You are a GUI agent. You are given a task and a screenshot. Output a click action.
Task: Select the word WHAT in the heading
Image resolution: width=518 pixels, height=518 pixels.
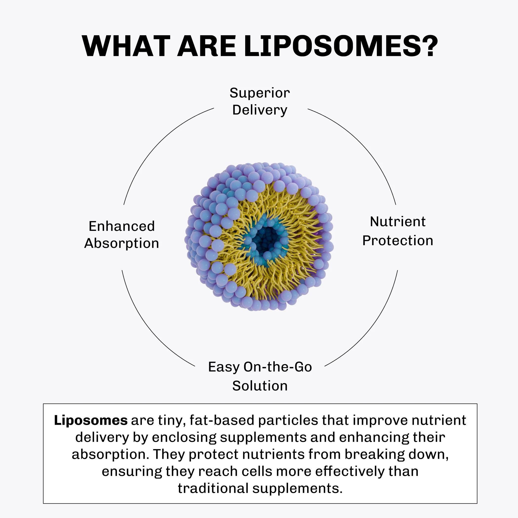tap(126, 46)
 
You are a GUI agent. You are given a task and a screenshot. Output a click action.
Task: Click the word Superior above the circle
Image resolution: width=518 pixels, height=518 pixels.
tap(259, 93)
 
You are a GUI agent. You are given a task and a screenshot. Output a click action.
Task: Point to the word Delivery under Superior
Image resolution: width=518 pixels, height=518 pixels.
tap(259, 110)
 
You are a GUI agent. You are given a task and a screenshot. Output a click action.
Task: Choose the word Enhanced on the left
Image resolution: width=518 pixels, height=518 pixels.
tap(122, 226)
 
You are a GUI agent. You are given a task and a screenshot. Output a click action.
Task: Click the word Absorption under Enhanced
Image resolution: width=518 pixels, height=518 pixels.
tap(122, 244)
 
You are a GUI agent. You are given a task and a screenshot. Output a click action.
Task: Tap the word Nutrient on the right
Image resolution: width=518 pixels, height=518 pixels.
tap(398, 222)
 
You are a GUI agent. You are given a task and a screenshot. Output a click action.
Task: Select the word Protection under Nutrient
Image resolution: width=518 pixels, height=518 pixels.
tap(398, 240)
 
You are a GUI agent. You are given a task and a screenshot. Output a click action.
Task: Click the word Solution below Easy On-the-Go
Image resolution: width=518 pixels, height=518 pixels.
tap(260, 386)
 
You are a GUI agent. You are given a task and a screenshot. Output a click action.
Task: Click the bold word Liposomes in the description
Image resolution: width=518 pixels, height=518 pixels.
tap(91, 420)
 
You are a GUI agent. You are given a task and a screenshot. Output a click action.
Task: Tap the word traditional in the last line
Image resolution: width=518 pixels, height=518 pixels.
tap(213, 488)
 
